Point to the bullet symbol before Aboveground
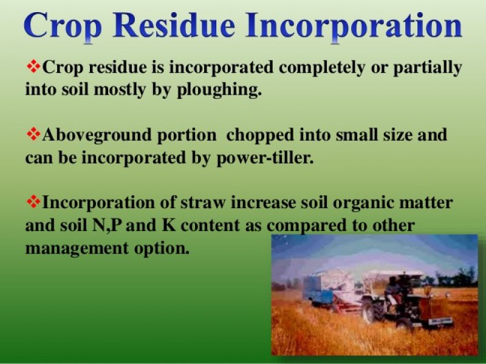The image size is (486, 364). [x=33, y=133]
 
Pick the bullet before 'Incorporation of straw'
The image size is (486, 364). [x=33, y=201]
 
